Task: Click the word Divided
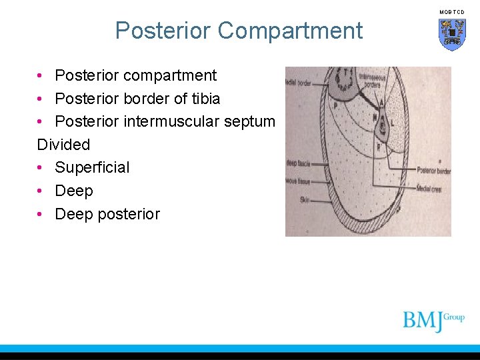point(63,144)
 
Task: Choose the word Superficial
point(92,167)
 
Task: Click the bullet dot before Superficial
point(41,167)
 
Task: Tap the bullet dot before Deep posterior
point(41,214)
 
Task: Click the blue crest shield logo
point(452,33)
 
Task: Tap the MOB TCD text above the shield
point(452,12)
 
